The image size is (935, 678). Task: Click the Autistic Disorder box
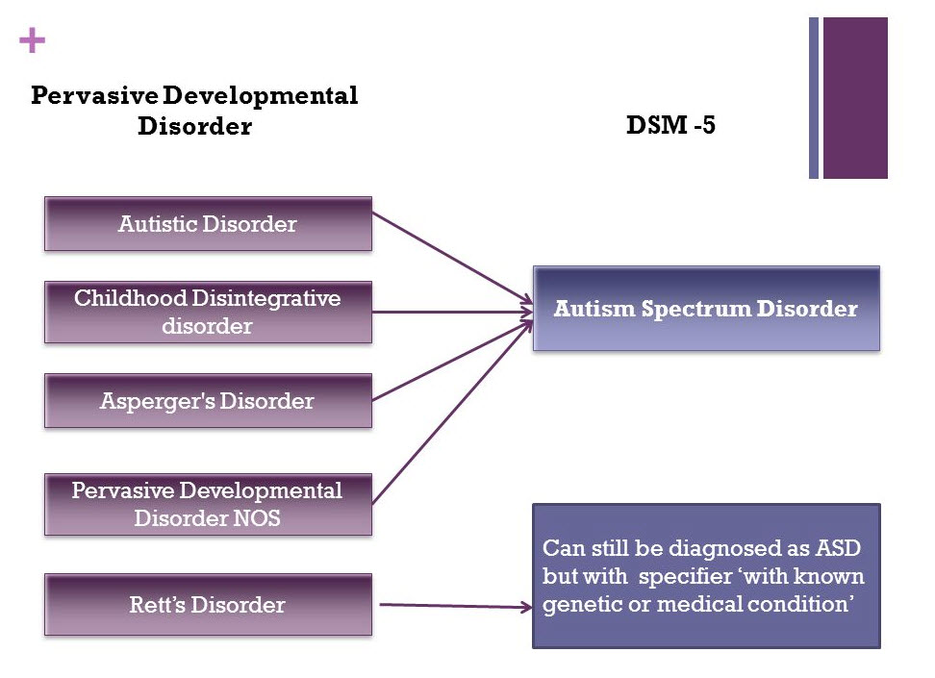pyautogui.click(x=208, y=224)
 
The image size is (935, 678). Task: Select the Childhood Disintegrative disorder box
pyautogui.click(x=208, y=312)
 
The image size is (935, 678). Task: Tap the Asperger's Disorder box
pyautogui.click(x=208, y=401)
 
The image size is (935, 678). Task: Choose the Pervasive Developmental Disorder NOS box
pyautogui.click(x=208, y=504)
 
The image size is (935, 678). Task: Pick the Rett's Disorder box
pyautogui.click(x=208, y=605)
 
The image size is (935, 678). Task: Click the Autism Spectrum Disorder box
pyautogui.click(x=706, y=309)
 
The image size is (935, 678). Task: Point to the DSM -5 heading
pyautogui.click(x=670, y=126)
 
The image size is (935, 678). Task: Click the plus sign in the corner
pyautogui.click(x=32, y=40)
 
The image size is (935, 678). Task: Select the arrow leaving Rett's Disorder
pyautogui.click(x=452, y=606)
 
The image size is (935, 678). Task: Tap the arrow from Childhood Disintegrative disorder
pyautogui.click(x=452, y=312)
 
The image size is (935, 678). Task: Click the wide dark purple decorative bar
pyautogui.click(x=855, y=97)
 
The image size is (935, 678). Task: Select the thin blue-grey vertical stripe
pyautogui.click(x=814, y=97)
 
